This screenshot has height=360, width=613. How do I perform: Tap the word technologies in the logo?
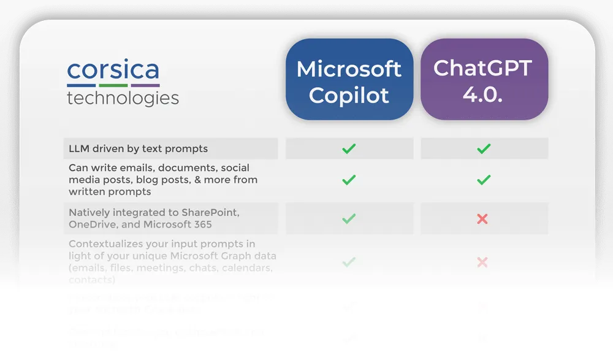123,98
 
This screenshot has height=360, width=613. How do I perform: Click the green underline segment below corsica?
113,85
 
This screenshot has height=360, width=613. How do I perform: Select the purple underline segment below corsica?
145,85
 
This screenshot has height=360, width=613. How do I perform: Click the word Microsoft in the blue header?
349,69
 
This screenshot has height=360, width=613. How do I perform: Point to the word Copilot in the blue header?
349,95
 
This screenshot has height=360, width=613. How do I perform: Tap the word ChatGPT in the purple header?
483,67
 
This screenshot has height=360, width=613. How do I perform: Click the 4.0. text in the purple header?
483,94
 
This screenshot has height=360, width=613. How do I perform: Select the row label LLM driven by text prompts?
138,148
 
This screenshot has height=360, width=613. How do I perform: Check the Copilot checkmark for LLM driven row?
349,148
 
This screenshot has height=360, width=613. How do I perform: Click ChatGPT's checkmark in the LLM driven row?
484,148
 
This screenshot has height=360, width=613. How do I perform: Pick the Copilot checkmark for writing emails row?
349,180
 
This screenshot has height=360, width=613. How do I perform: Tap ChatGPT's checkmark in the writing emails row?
484,180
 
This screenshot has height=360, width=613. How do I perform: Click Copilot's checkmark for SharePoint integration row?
349,218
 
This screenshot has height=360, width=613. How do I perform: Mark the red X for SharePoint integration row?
482,218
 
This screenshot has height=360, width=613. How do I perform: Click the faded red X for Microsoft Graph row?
482,262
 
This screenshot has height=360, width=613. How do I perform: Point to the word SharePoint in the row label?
210,213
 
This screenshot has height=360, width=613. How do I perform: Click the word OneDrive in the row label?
91,224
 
